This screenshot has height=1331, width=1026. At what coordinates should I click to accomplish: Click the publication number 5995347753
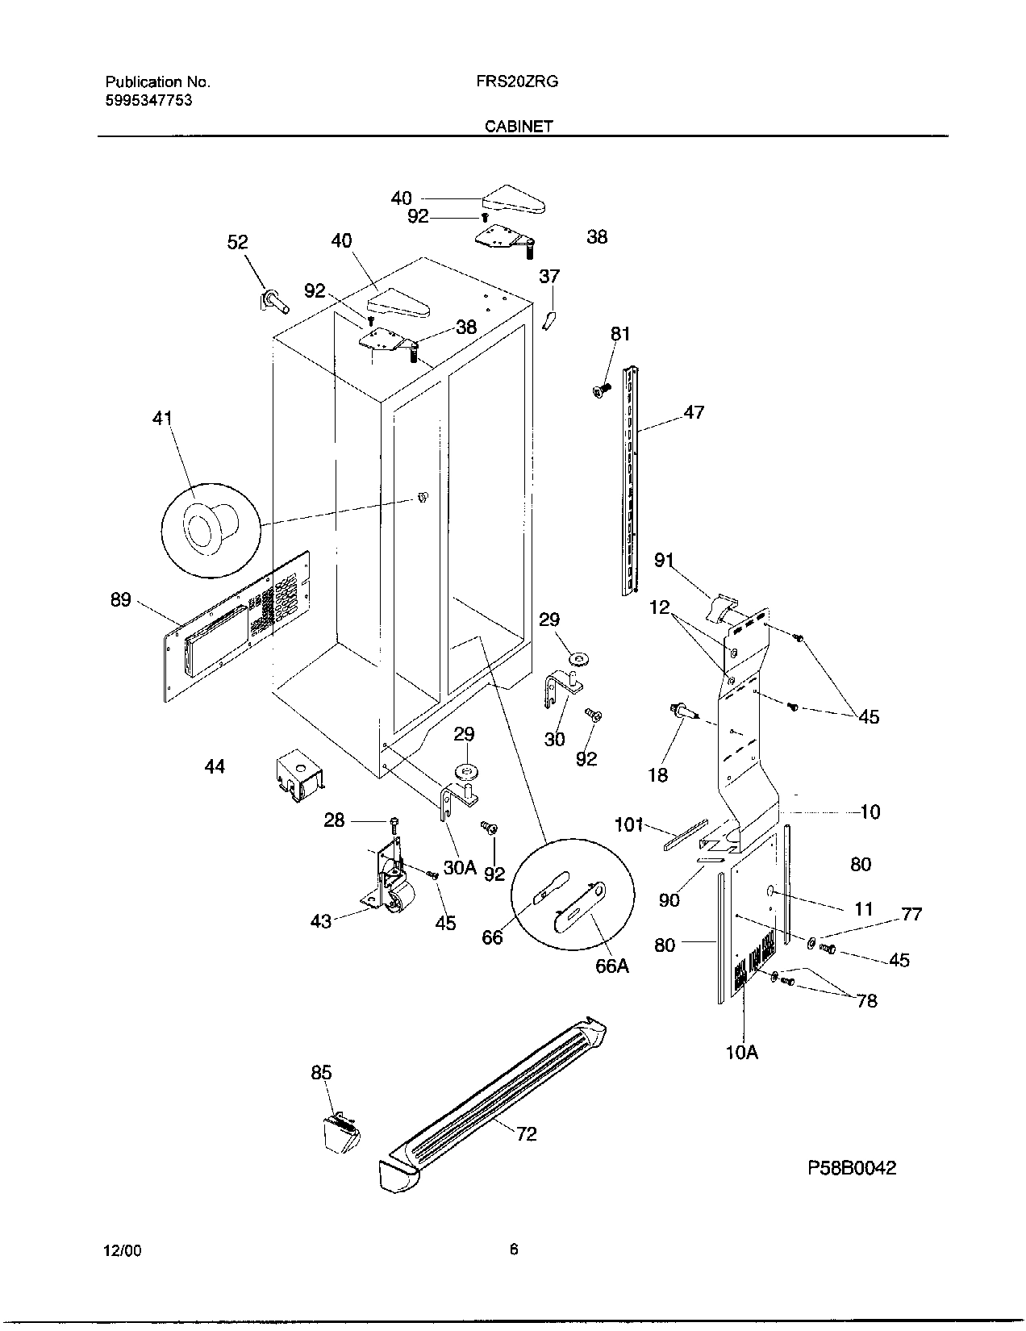pyautogui.click(x=148, y=101)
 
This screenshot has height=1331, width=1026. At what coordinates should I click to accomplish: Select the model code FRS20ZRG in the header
pyautogui.click(x=512, y=81)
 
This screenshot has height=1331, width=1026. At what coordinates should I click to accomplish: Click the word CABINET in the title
pyautogui.click(x=519, y=127)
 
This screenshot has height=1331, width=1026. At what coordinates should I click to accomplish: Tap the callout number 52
pyautogui.click(x=237, y=243)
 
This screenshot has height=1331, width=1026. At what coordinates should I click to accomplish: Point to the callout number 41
pyautogui.click(x=162, y=419)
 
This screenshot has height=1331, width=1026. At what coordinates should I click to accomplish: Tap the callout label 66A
pyautogui.click(x=611, y=966)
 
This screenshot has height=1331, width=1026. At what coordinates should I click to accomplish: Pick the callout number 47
pyautogui.click(x=694, y=412)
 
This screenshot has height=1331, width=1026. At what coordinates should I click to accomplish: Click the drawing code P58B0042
pyautogui.click(x=849, y=1168)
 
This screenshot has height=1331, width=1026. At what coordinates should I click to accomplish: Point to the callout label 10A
pyautogui.click(x=742, y=1052)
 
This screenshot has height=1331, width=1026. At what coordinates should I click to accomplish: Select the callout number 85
pyautogui.click(x=321, y=1072)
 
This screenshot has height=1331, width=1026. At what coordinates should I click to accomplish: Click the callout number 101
pyautogui.click(x=629, y=824)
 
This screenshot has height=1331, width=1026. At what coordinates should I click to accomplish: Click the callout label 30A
pyautogui.click(x=460, y=868)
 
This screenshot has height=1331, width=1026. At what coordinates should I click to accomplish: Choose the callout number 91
pyautogui.click(x=664, y=560)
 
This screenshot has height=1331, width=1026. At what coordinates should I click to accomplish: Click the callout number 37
pyautogui.click(x=548, y=277)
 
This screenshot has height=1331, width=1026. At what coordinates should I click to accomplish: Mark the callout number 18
pyautogui.click(x=658, y=775)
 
